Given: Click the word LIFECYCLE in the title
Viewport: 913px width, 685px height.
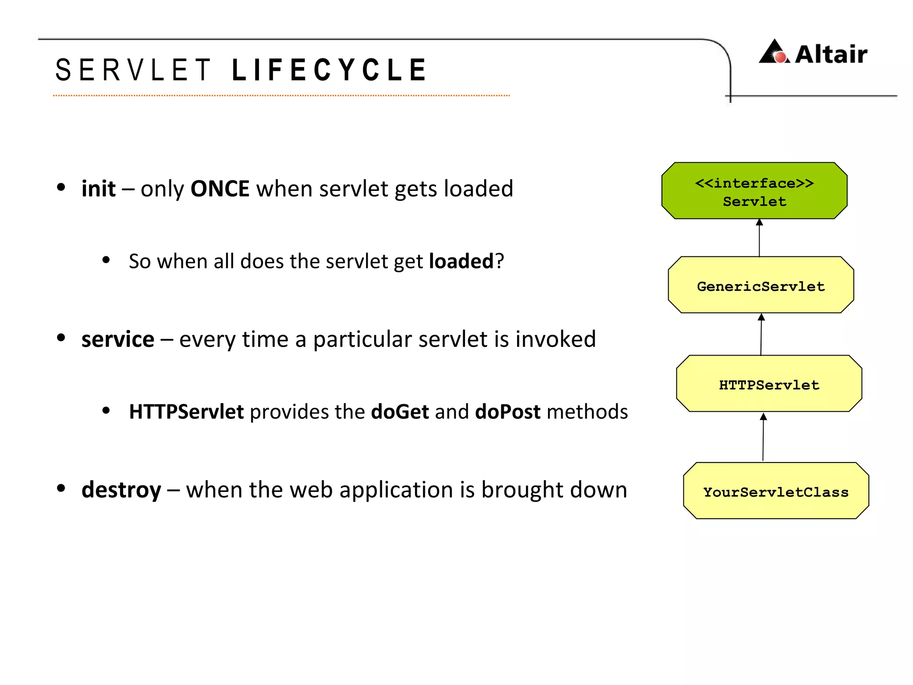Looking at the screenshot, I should (329, 70).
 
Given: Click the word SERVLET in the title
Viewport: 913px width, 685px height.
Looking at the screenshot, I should (133, 70).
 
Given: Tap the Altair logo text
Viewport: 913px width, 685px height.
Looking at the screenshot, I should (831, 54).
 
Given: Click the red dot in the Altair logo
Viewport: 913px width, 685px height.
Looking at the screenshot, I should (780, 58).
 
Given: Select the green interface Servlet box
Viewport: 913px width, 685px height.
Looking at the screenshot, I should (754, 191).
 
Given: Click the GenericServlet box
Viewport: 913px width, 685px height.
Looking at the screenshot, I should (761, 285).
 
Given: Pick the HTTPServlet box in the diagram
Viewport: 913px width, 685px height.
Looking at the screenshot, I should (769, 384).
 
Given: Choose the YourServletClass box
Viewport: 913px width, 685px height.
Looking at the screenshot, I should (776, 491).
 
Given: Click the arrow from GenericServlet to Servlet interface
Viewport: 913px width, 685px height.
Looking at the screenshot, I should (759, 238).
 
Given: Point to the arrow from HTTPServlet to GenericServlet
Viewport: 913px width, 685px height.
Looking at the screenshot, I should (761, 334).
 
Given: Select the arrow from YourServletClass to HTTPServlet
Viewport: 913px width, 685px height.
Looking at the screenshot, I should (763, 437).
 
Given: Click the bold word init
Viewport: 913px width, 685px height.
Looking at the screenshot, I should (99, 189).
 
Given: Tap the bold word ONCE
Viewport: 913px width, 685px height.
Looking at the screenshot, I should (220, 189).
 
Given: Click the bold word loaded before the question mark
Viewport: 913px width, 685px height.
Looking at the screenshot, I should (461, 261).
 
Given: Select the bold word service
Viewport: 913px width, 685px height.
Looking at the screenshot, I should (118, 339).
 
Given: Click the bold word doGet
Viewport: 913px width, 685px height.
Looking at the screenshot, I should (400, 412).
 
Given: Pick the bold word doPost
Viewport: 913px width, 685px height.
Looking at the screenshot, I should (508, 412).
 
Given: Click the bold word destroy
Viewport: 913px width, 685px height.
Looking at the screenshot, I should (121, 490).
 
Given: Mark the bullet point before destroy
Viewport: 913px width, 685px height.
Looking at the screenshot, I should (61, 488).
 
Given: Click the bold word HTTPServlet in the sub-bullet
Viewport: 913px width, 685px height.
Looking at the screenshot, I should (186, 412).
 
